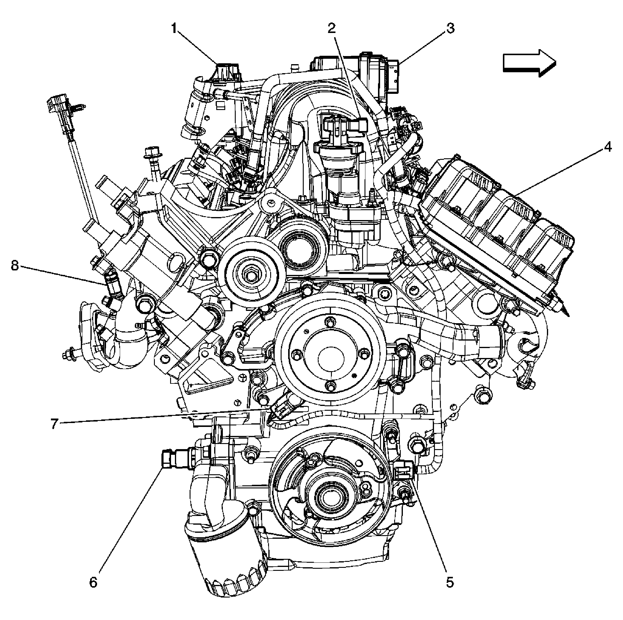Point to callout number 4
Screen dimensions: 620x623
click(607, 148)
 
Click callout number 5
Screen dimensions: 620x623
click(450, 582)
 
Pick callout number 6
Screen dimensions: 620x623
click(93, 583)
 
